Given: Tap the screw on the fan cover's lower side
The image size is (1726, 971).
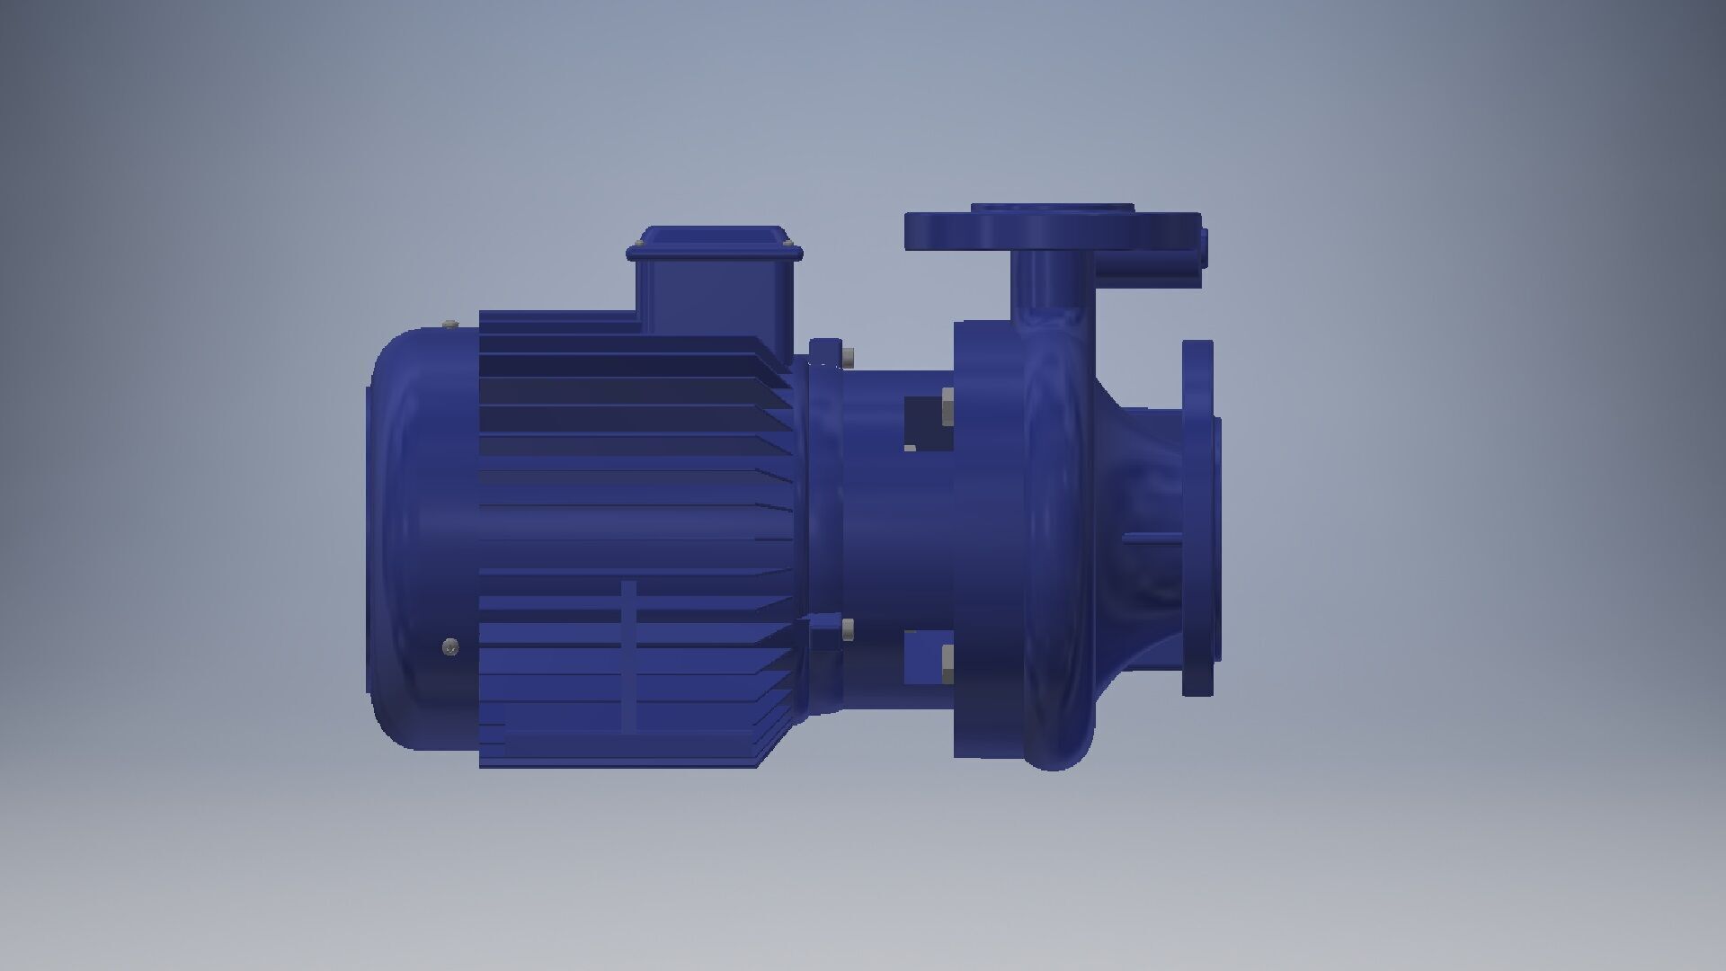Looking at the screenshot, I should click(450, 646).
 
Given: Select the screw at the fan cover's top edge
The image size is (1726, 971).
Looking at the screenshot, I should click(450, 323).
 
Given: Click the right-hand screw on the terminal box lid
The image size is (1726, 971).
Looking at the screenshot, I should click(788, 245).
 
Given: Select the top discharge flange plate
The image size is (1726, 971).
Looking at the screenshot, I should click(1052, 231).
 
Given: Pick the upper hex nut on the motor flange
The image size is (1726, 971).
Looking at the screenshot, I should click(848, 357).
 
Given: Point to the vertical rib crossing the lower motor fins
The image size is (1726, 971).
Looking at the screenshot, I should click(628, 655).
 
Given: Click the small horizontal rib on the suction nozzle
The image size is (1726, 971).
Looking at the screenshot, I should click(1152, 538).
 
